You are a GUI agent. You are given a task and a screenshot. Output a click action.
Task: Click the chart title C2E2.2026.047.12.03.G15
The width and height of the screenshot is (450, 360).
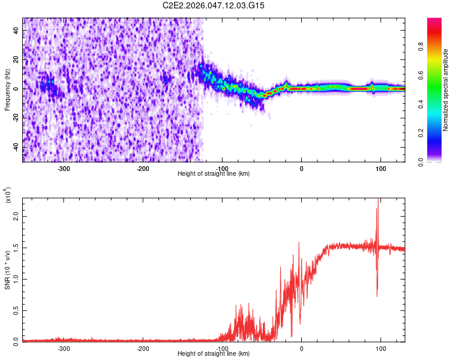(x=214, y=5)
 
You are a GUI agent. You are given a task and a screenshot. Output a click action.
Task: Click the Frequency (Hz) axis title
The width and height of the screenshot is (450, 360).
(x=7, y=90)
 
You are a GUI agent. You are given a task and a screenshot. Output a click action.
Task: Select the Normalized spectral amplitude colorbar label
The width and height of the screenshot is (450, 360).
(x=446, y=90)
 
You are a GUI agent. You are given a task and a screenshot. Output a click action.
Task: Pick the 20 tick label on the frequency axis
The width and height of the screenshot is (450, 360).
(x=17, y=60)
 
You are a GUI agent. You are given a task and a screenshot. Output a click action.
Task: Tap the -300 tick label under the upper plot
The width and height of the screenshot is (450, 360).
(x=64, y=169)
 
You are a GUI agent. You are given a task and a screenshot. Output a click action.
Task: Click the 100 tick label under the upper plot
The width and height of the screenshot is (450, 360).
(x=380, y=169)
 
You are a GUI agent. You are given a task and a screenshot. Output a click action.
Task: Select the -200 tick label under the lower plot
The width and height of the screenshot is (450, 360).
(x=143, y=349)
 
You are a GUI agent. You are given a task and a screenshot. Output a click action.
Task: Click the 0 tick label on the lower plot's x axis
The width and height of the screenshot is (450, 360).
(x=301, y=349)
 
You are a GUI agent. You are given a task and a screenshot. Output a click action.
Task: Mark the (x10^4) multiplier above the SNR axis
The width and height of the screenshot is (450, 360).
(x=8, y=196)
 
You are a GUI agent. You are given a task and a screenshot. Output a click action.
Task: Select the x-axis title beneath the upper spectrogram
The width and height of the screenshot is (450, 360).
(x=213, y=174)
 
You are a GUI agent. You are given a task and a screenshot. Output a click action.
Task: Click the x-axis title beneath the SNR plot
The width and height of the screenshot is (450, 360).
(x=213, y=354)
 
